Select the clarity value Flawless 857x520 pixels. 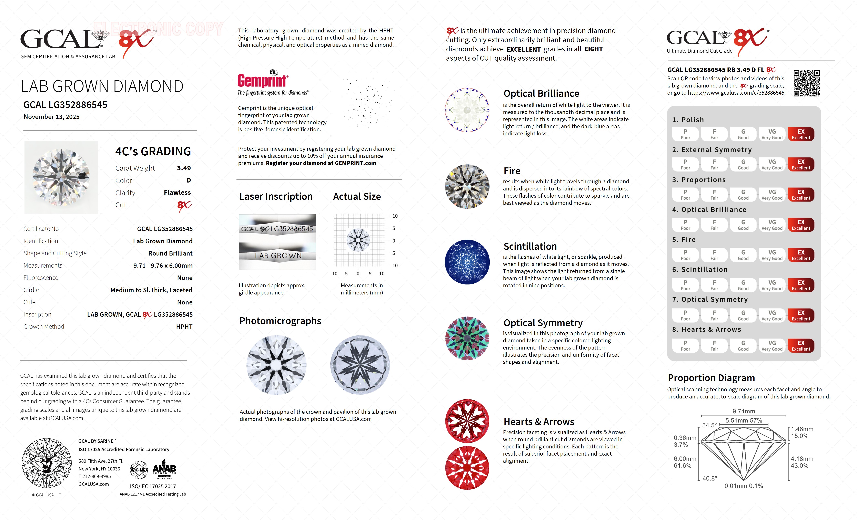tap(177, 193)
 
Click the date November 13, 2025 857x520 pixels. tap(51, 117)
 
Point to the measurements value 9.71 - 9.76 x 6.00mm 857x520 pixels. tap(163, 266)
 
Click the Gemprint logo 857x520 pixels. tap(263, 80)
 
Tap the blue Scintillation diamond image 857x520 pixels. tap(467, 262)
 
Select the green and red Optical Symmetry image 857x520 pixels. tap(467, 338)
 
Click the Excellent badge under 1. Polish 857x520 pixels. tap(801, 134)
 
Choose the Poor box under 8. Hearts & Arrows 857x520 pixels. tap(685, 345)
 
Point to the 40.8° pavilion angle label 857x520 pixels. tap(709, 478)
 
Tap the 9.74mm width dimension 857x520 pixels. tap(744, 411)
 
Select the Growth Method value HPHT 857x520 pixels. tap(184, 327)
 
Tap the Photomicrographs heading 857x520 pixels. tap(280, 321)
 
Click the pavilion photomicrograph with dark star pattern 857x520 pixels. tap(360, 365)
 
